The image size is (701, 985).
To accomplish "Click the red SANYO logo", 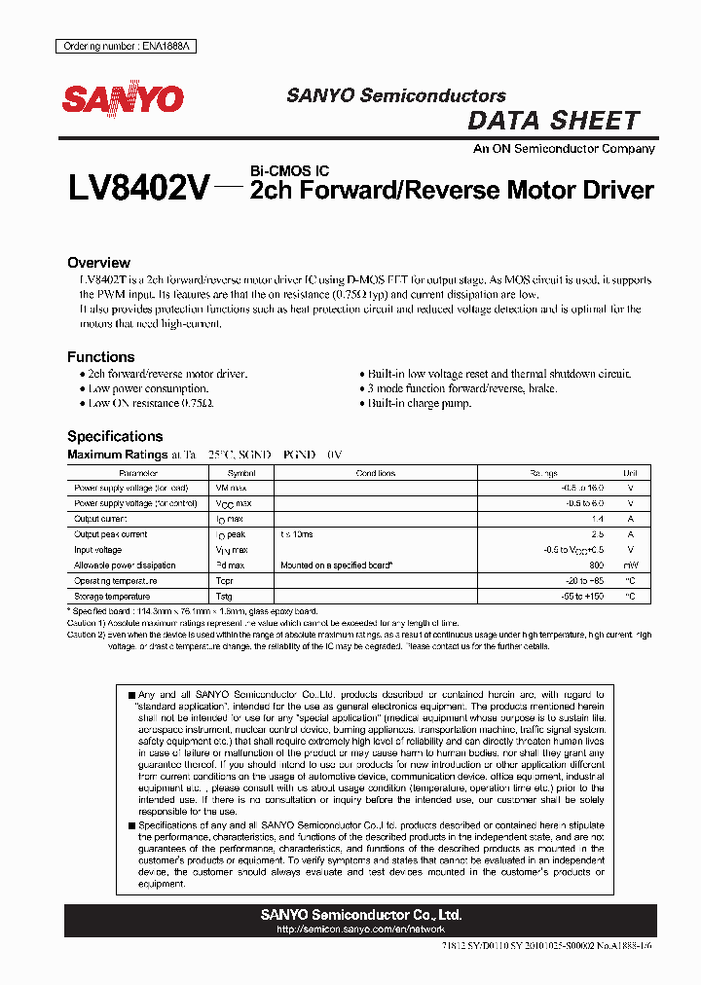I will (x=124, y=99).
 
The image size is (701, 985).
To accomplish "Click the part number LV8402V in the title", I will (x=137, y=188).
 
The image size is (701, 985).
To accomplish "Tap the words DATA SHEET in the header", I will (x=553, y=121).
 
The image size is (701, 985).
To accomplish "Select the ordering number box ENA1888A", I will (x=123, y=47).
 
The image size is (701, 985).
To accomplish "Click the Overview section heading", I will (x=98, y=263).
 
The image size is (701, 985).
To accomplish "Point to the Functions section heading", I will (x=100, y=357).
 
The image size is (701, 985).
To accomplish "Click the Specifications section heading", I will (x=115, y=436).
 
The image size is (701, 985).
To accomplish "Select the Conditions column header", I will (x=376, y=473).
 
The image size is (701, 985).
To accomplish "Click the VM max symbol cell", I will (x=231, y=488).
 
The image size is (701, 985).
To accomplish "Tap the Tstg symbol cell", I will (x=224, y=596).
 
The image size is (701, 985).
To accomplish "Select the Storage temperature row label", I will (x=112, y=596).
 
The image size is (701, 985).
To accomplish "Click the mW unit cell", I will (x=630, y=565).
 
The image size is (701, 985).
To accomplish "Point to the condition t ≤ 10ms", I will (x=298, y=534).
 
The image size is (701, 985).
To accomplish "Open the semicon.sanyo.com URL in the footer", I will (x=360, y=930).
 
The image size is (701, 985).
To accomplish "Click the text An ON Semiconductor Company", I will (x=564, y=149).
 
